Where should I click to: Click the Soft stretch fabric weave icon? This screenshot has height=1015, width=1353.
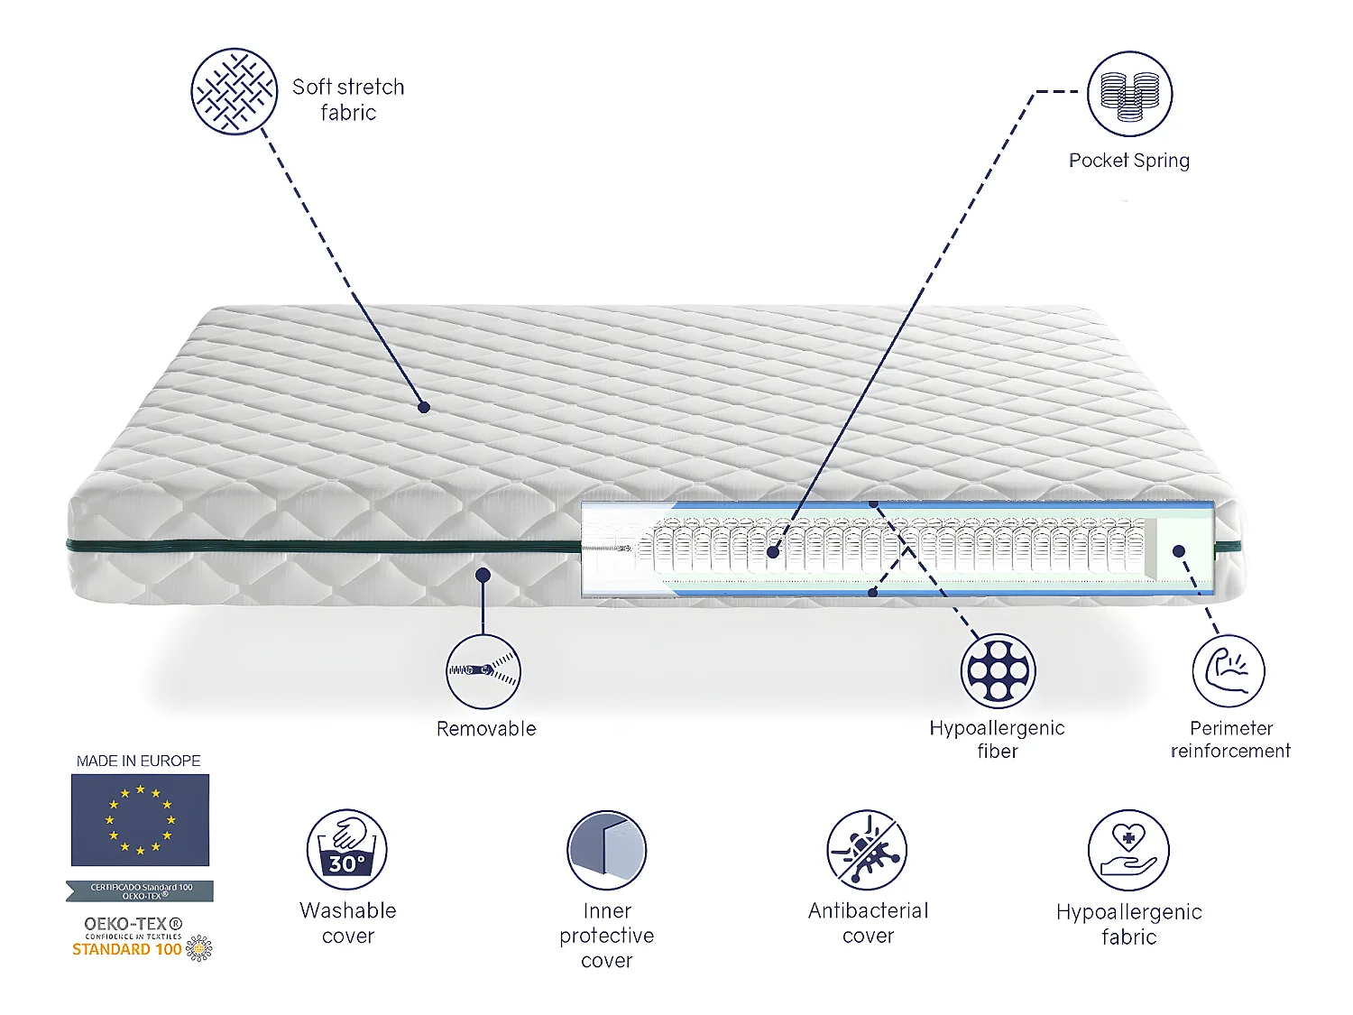234,91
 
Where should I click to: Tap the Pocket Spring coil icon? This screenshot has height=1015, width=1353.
1129,94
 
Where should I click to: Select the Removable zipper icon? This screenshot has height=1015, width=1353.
483,671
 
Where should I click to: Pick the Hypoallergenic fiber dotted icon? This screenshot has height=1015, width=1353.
998,671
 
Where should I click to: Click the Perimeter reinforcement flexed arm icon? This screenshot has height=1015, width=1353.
1229,671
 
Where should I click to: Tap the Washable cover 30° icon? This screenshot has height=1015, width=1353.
347,850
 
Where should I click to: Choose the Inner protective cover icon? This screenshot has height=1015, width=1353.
607,850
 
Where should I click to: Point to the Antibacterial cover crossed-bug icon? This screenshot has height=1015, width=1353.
868,850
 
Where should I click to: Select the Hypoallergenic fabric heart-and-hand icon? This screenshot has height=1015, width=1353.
1128,850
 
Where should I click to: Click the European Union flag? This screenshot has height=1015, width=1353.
140,820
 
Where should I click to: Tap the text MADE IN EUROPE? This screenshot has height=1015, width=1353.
139,761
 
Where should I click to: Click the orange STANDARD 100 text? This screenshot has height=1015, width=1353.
127,949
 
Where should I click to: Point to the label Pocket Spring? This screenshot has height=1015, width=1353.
1129,161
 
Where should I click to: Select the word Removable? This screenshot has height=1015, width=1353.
486,729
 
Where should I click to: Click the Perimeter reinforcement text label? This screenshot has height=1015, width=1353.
1230,740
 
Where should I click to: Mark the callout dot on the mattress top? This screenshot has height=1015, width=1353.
424,407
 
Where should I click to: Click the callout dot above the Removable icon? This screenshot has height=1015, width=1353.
483,575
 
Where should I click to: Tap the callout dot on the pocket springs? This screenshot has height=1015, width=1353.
773,551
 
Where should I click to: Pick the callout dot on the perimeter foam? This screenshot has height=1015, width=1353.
1178,550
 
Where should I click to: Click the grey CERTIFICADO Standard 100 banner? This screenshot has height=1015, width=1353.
140,891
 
